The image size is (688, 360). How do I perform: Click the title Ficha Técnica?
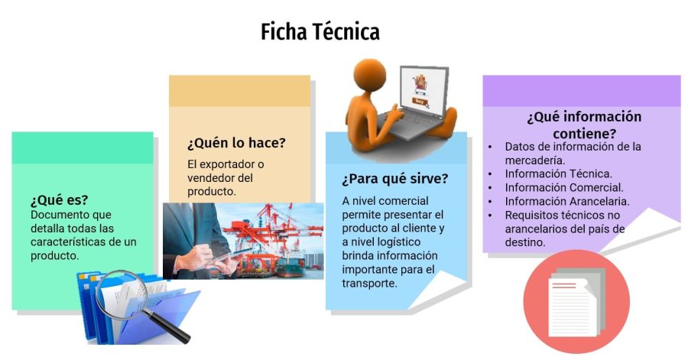(320, 32)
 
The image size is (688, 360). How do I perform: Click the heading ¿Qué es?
(60, 200)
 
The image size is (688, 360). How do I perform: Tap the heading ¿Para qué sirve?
(394, 180)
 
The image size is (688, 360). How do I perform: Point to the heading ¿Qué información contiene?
(584, 125)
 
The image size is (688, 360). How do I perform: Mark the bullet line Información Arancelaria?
(567, 201)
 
